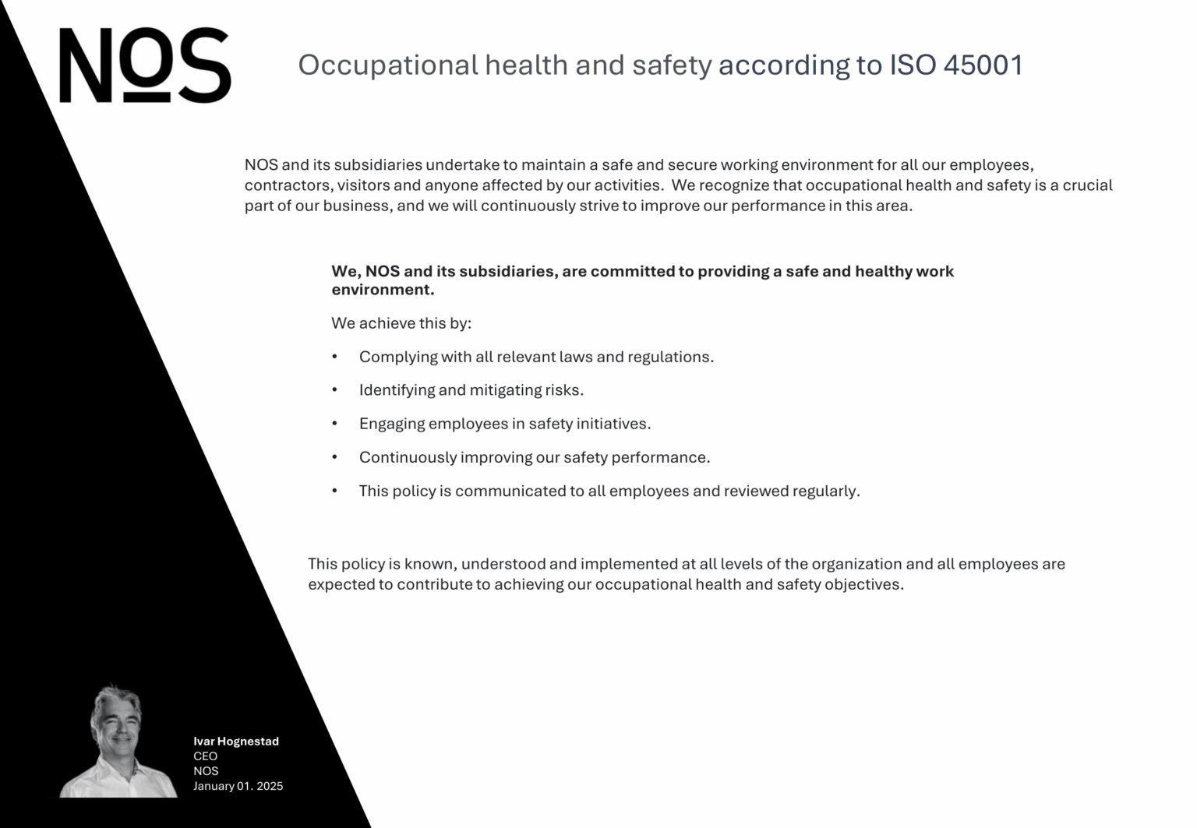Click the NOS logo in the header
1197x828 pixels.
145,65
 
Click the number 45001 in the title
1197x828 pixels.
983,65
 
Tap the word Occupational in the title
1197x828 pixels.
388,65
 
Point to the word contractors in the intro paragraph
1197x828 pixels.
288,185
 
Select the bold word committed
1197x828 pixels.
632,271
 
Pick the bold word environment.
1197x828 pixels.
381,290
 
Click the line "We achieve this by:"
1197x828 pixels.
401,323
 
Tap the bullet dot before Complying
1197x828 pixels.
335,357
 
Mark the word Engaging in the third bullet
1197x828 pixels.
392,424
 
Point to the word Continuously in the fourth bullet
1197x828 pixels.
408,457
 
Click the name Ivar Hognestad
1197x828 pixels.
236,742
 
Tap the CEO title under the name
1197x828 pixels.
206,756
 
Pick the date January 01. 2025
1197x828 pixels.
238,786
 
